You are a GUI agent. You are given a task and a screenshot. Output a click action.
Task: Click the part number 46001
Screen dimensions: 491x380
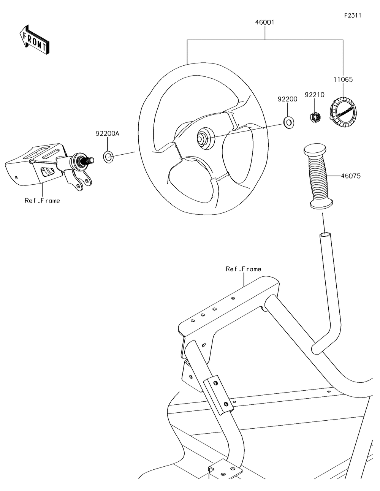(x=264, y=22)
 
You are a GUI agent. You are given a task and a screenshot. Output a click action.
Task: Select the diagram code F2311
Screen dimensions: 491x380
(x=352, y=16)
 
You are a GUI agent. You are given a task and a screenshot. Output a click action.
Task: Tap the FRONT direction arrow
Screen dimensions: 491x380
(x=34, y=39)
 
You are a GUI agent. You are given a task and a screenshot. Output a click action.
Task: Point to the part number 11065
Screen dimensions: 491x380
(x=343, y=79)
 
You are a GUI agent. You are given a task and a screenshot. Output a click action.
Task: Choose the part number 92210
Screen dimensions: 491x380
(x=314, y=95)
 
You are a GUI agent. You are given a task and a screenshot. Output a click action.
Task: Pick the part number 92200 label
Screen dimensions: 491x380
(x=288, y=99)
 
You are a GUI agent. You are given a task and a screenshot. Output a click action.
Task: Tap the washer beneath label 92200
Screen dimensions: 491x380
(x=288, y=122)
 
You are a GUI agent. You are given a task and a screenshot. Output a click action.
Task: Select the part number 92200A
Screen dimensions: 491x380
(x=107, y=133)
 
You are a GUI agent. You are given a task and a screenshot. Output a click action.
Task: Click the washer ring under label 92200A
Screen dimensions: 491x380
(x=108, y=156)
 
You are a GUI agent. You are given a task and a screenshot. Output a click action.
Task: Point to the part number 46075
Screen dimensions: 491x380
(x=351, y=176)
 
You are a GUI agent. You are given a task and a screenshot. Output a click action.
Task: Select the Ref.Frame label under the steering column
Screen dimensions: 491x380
(x=42, y=201)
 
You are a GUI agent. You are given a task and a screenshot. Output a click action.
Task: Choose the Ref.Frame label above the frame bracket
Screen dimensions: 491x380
(x=243, y=269)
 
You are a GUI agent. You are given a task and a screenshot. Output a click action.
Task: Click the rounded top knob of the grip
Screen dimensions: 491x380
(x=314, y=148)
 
